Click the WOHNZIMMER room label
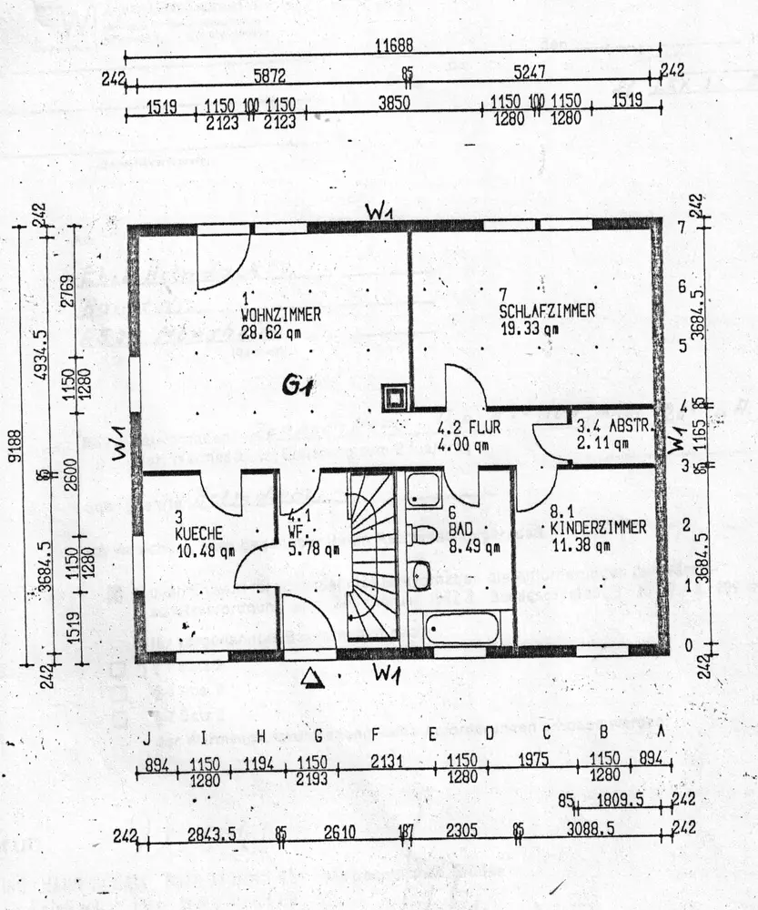tap(280, 315)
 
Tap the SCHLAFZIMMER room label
tap(547, 311)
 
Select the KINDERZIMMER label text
tap(598, 528)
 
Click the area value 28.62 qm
tap(270, 332)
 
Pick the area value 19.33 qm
tap(530, 329)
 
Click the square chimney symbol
tap(394, 397)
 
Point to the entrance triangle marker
tap(312, 677)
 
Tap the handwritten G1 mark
tap(298, 387)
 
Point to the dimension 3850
tap(394, 102)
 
